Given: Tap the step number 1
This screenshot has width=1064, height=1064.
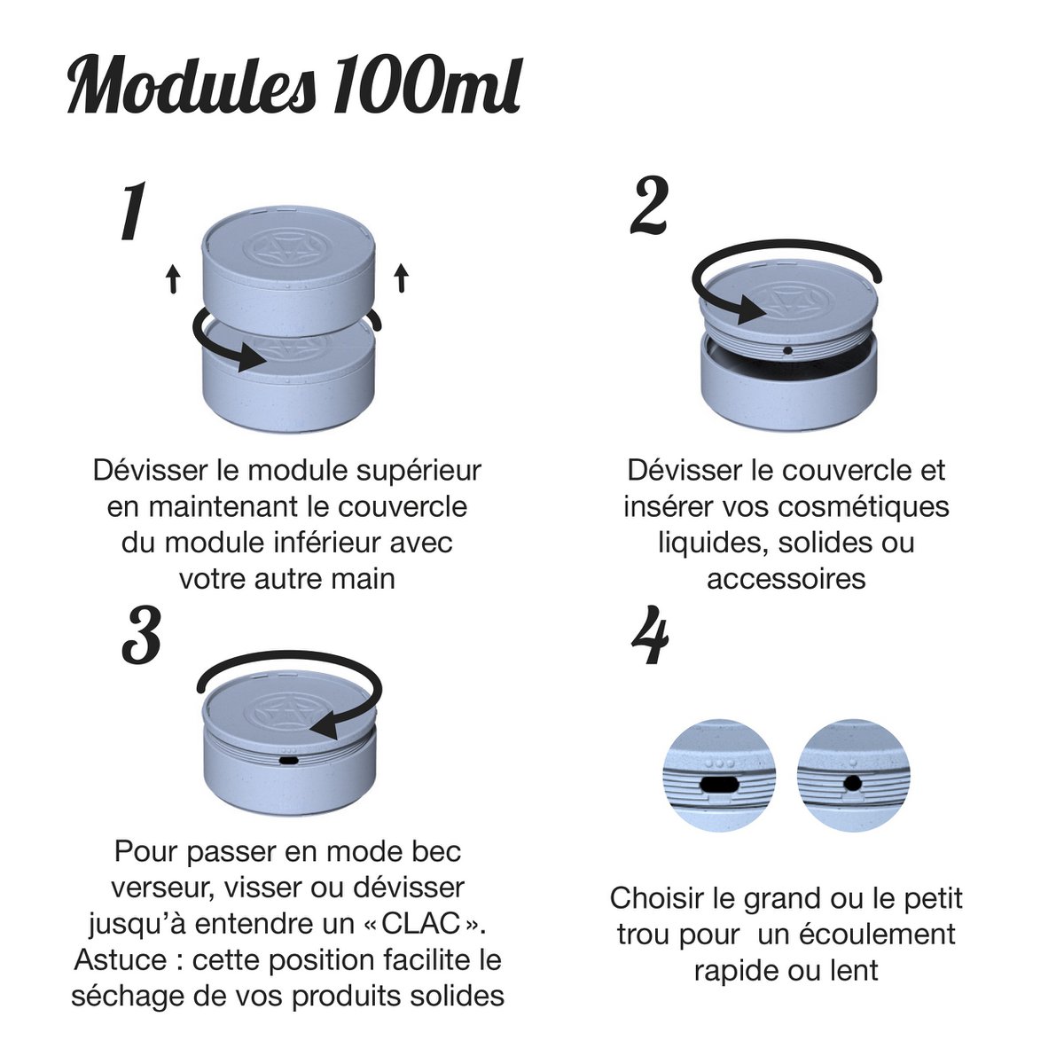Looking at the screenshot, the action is (134, 211).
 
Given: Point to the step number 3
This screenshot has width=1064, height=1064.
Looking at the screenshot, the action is (141, 635).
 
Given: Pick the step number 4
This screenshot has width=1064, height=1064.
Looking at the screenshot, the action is (650, 635).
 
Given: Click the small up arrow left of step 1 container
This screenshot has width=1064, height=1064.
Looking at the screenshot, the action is (174, 278).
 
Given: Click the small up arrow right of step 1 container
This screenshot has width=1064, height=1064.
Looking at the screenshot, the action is (402, 278).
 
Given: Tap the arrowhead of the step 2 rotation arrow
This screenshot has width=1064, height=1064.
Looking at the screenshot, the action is (752, 310).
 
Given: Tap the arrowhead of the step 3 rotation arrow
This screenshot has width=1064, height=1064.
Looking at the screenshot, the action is (325, 724).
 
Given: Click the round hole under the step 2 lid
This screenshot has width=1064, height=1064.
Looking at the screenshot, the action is (788, 350).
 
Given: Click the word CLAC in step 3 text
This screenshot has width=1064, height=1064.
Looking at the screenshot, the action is (421, 924).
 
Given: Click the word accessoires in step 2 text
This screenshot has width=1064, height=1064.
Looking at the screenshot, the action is (786, 579).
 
